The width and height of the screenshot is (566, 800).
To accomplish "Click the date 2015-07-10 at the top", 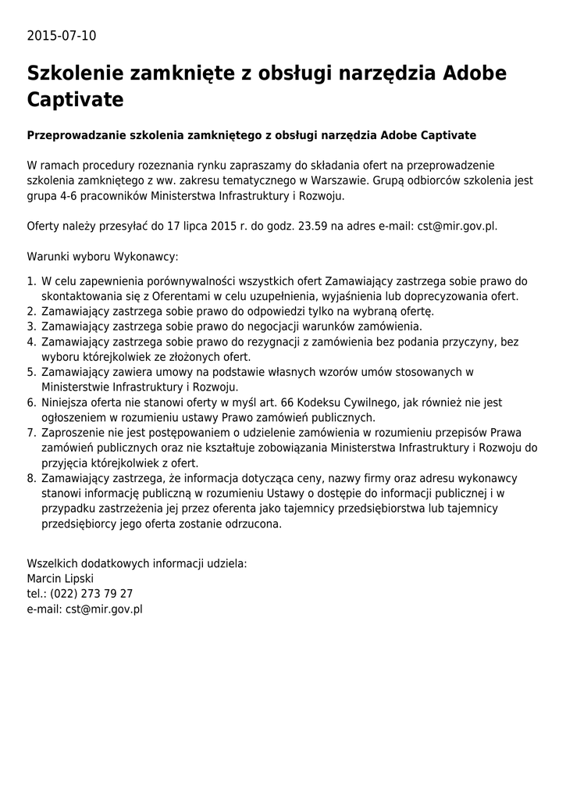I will point(62,36).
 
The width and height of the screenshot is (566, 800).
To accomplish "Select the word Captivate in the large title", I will point(75,101).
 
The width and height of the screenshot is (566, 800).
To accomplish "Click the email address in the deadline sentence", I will point(457,227).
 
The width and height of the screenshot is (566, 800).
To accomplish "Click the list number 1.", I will point(31,281).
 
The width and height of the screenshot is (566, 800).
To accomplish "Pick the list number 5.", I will point(31,372).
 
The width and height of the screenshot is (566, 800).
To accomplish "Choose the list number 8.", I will point(31,478).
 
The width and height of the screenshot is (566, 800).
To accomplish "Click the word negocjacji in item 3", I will point(298,327).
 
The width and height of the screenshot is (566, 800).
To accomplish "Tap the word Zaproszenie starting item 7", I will point(74,433).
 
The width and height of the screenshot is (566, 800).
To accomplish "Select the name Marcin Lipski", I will point(60,578).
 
